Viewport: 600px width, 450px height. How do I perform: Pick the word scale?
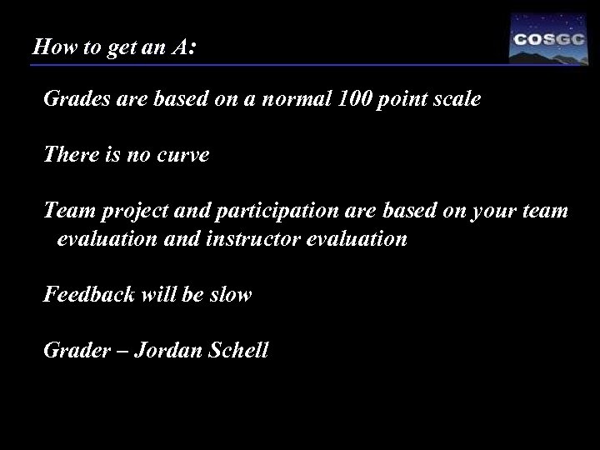click(x=455, y=100)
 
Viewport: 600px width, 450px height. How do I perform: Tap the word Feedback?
click(x=86, y=295)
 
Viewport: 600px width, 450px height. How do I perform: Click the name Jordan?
click(x=158, y=350)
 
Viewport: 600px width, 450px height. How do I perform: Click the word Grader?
click(x=72, y=350)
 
